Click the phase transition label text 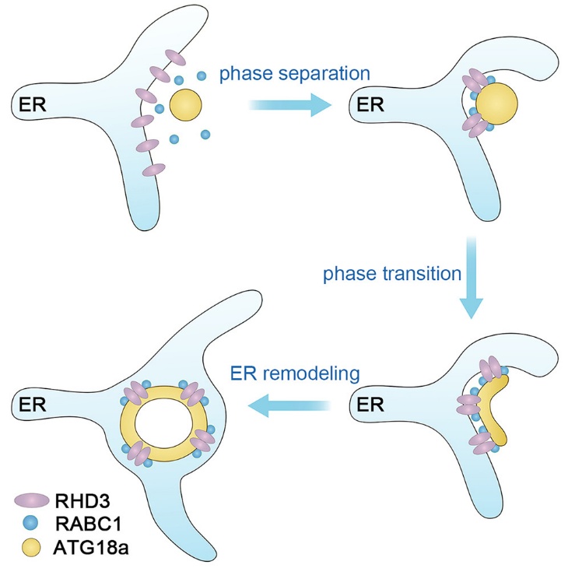(x=393, y=275)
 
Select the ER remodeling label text (x=295, y=373)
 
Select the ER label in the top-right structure (x=369, y=103)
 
